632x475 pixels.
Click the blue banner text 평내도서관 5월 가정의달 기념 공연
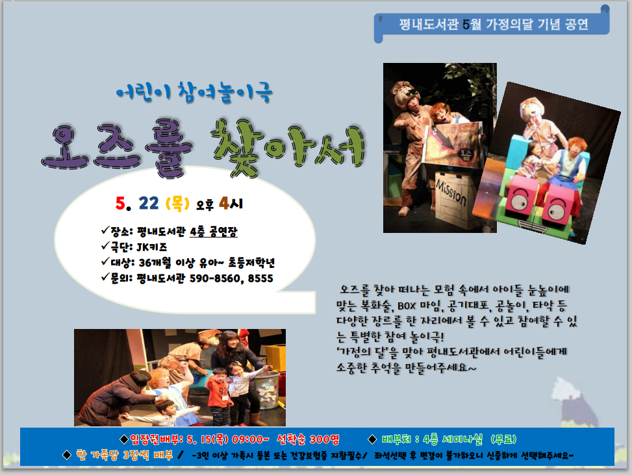pos(494,24)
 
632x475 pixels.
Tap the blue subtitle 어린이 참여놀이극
pos(194,91)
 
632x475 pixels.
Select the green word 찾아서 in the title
pos(288,147)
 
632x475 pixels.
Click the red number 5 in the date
pos(120,203)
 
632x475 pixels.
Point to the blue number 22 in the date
pos(148,203)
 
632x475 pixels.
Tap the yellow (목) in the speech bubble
pos(177,203)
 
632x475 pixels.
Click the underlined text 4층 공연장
pos(214,232)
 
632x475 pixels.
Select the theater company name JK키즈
pos(151,247)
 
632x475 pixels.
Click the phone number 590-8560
pos(214,278)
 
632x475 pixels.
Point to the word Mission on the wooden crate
pos(451,193)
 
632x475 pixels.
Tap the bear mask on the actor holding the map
pos(407,93)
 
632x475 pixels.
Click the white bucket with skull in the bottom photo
pos(267,389)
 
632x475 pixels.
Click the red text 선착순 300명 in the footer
pos(309,439)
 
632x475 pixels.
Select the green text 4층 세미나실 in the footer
pos(453,439)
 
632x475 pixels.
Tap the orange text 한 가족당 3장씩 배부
pos(125,456)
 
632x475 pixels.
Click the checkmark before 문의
pos(105,277)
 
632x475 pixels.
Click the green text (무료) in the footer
pos(504,439)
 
